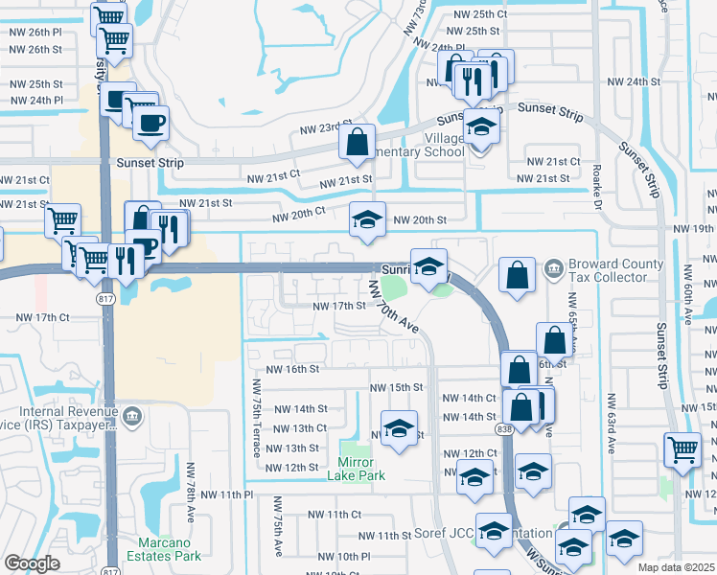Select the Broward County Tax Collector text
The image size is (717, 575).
tap(615, 271)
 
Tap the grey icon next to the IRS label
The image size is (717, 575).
tap(132, 416)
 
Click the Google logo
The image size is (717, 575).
tap(32, 564)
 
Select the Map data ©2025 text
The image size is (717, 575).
tap(677, 567)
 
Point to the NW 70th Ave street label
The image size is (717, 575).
tap(395, 306)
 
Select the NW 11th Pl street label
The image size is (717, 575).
tap(226, 494)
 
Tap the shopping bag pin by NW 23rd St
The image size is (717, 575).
tap(357, 144)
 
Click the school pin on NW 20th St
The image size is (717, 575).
tap(367, 219)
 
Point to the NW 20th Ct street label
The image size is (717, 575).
tap(299, 217)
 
